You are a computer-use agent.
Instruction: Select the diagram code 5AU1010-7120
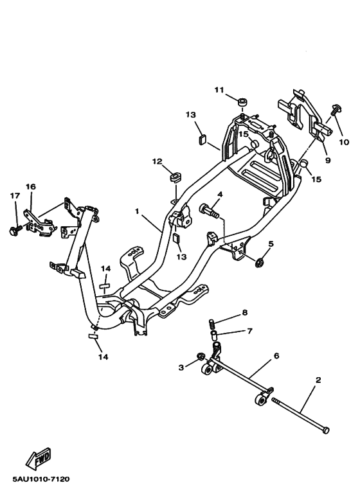tap(40, 479)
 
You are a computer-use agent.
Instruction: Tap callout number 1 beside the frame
tap(136, 211)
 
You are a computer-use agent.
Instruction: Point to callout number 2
tap(318, 380)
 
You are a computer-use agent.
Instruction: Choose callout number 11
tap(219, 90)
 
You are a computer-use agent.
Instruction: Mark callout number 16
tap(30, 186)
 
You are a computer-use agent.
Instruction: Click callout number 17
tap(15, 195)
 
